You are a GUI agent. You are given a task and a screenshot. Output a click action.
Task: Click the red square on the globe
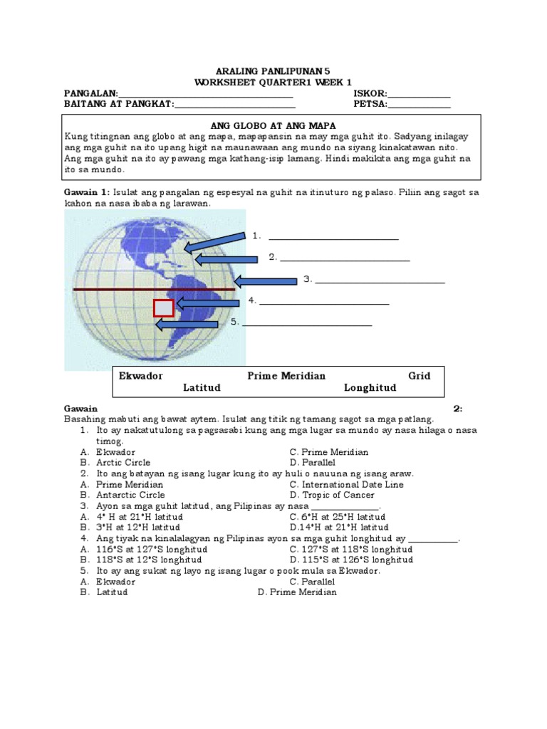click(163, 308)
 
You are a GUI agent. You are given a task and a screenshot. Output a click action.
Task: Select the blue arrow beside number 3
click(265, 281)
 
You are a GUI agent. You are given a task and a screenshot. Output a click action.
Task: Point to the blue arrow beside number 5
click(187, 325)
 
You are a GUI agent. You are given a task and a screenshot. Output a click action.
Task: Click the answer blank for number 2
click(345, 261)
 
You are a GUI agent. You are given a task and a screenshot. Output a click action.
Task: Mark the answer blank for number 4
click(324, 304)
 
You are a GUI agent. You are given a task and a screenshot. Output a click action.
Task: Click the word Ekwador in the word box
click(141, 375)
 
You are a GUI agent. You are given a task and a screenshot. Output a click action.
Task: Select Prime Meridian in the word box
click(286, 375)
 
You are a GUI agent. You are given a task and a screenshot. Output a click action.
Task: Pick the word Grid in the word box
click(419, 375)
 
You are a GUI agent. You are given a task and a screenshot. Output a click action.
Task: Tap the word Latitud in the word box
click(202, 387)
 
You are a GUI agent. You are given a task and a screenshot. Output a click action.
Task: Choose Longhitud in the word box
click(370, 387)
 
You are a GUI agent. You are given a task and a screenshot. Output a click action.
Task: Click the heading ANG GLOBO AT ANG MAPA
click(273, 125)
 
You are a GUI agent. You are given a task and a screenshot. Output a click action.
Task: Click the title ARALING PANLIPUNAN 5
click(273, 72)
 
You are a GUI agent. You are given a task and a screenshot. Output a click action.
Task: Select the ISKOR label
click(370, 93)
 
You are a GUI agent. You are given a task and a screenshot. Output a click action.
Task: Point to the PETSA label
click(370, 104)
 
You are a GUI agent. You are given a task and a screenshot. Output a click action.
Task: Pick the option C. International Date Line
click(346, 484)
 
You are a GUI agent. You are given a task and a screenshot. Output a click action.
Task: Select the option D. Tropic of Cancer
click(333, 495)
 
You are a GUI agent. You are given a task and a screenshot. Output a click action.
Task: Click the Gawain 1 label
click(85, 193)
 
